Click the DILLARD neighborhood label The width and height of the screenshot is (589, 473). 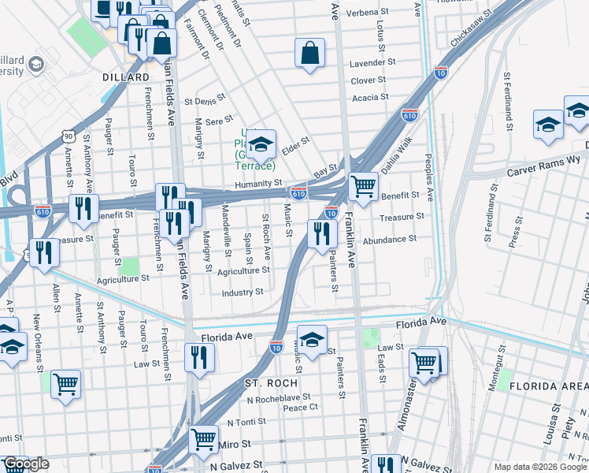click(x=126, y=77)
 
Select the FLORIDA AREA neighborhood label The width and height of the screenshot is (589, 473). click(x=548, y=385)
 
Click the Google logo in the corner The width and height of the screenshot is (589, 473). click(x=25, y=464)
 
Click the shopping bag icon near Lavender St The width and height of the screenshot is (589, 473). click(x=310, y=54)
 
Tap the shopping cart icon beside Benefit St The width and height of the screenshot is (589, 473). click(x=362, y=187)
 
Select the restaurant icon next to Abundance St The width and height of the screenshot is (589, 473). click(x=321, y=233)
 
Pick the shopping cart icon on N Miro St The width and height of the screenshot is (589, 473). click(x=204, y=438)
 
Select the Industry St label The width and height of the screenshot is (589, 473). click(x=242, y=292)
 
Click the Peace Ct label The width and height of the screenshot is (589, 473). click(x=300, y=407)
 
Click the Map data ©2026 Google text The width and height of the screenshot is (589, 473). click(x=539, y=467)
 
